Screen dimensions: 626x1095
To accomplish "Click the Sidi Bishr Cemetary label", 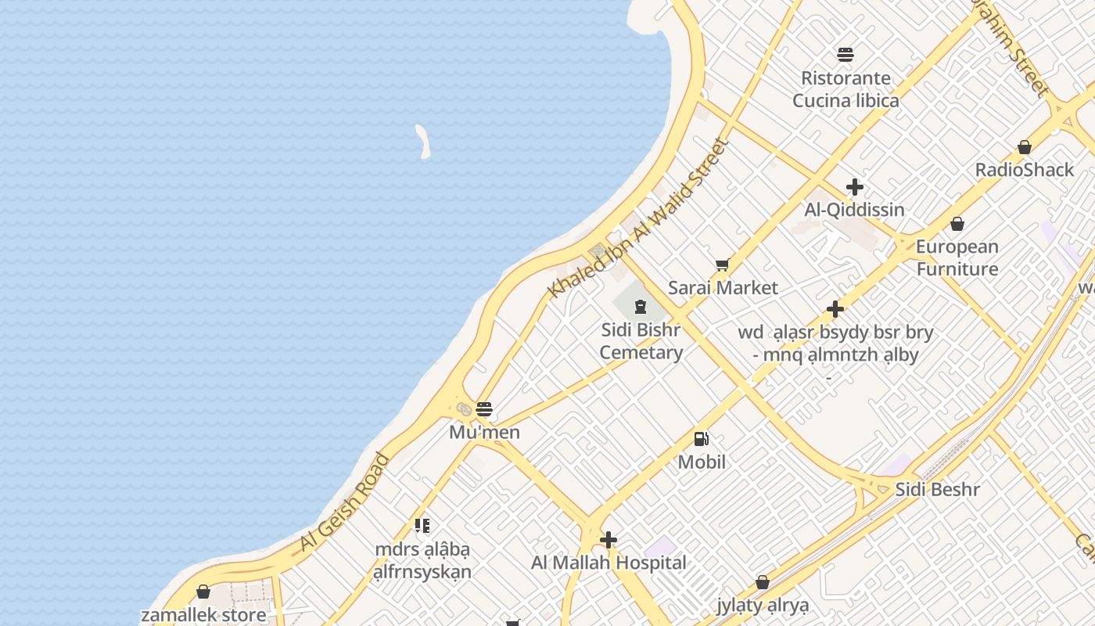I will coord(641,341).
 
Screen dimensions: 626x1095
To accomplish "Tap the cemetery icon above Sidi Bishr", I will coord(641,306).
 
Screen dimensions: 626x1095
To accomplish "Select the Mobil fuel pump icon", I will coord(702,439).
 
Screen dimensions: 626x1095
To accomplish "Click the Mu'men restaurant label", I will coord(484,432).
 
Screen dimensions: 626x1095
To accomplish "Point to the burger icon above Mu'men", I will coord(484,408).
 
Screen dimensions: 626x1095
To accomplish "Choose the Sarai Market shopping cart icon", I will coord(722,265).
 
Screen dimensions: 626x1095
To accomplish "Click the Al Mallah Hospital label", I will coord(609,563).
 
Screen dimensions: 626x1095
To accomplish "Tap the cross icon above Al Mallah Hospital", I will coord(609,540).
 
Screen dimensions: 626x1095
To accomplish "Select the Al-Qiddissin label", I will coord(854,210).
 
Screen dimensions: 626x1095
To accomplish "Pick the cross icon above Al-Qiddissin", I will coord(855,187).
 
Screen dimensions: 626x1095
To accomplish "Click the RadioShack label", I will coord(1025,170).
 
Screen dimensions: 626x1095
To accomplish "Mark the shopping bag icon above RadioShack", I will coord(1025,147).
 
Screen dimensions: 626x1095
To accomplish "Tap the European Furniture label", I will coord(957,257).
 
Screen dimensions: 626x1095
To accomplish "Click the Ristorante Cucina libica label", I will coord(845,89).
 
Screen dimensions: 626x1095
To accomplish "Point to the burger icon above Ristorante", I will coord(845,55).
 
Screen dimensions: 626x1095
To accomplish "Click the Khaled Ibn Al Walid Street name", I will coord(637,218).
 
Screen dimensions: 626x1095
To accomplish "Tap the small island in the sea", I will coord(423,142).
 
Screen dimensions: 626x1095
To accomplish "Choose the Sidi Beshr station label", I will coord(937,490).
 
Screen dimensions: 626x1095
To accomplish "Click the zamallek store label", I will coord(203,614).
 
